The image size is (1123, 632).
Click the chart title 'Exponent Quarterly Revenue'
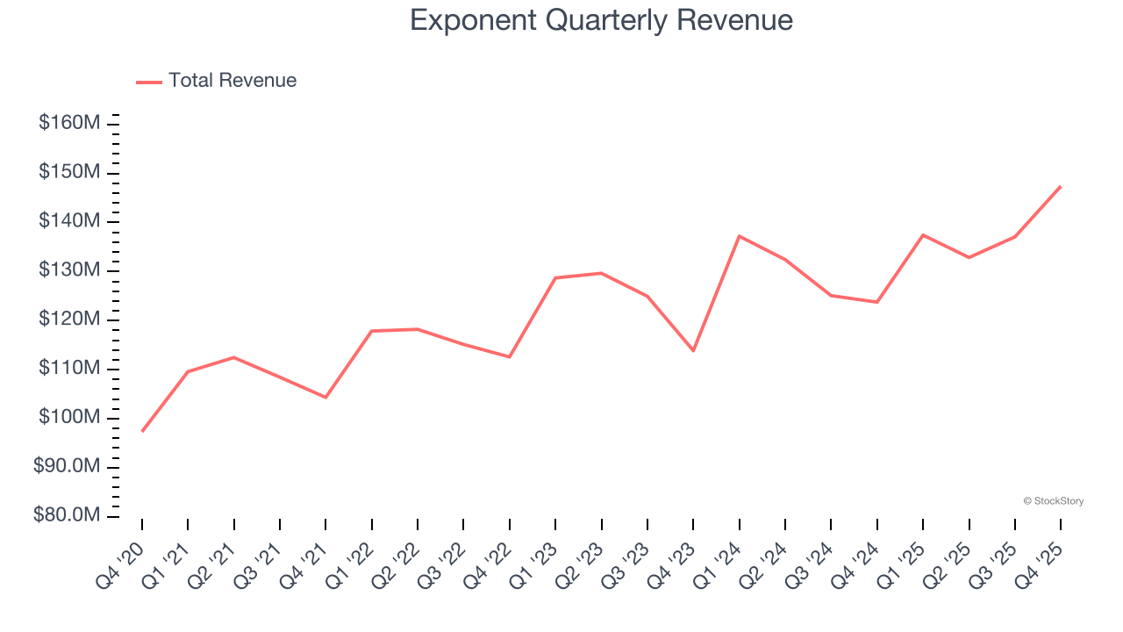[x=601, y=20]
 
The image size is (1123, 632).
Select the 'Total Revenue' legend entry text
[x=232, y=81]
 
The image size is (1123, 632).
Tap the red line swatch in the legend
[x=149, y=82]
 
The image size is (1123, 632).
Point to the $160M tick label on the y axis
[x=68, y=123]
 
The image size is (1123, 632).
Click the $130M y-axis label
[x=68, y=270]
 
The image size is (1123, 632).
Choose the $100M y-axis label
[x=68, y=417]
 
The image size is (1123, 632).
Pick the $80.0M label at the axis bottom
[x=66, y=515]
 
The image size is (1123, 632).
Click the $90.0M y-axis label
[x=66, y=466]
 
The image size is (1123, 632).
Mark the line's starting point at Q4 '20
[x=142, y=431]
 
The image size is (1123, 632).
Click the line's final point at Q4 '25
[x=1061, y=186]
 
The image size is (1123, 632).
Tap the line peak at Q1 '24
[x=740, y=236]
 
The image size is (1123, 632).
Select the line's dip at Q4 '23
[x=693, y=350]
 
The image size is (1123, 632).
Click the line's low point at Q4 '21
[x=325, y=397]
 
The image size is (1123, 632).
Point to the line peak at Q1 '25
[x=923, y=234]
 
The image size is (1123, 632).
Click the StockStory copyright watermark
[x=1053, y=501]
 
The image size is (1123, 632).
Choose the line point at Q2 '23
[x=602, y=273]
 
